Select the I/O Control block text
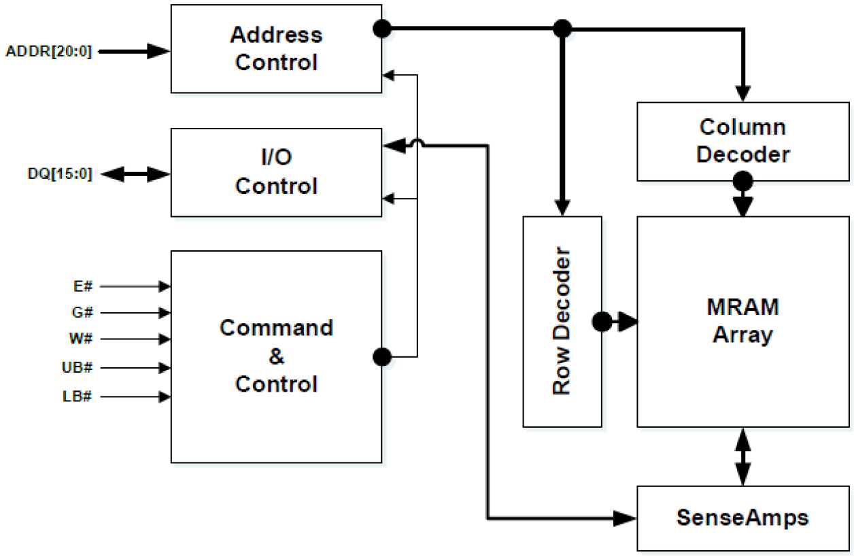(x=275, y=171)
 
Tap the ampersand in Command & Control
(x=276, y=356)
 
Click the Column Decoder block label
(x=743, y=141)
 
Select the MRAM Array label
(x=743, y=320)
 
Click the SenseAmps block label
(x=743, y=518)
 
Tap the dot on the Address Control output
(x=382, y=29)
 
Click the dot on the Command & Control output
(x=382, y=356)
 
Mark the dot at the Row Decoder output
(x=602, y=321)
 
